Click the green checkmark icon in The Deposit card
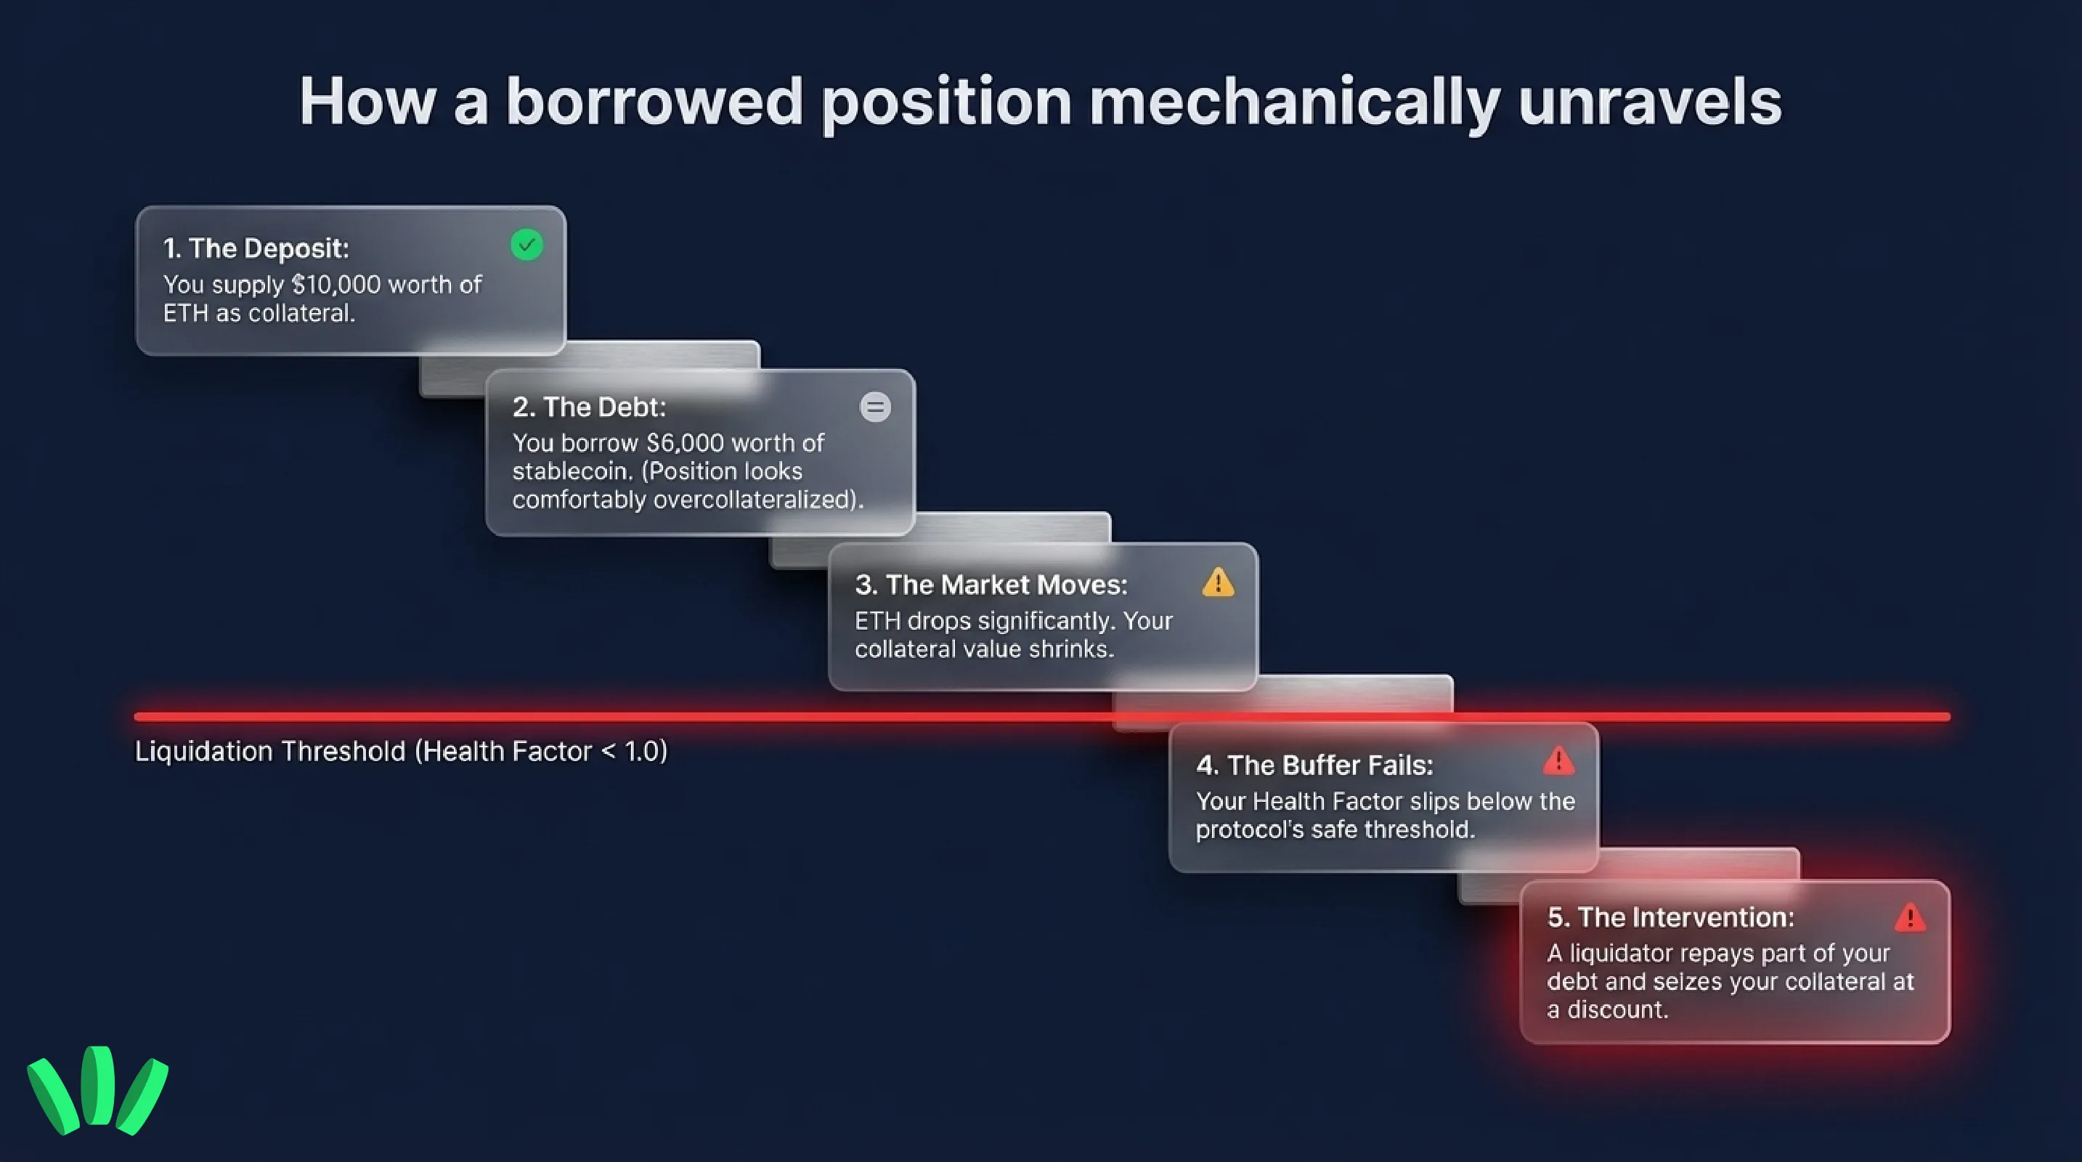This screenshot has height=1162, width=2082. click(526, 245)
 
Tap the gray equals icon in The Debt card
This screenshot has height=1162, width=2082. click(874, 407)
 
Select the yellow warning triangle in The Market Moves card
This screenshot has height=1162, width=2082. click(1218, 582)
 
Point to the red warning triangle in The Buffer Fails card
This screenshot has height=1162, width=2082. click(1558, 761)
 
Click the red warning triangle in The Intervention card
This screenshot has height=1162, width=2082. click(1910, 917)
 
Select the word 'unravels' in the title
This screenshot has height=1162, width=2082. click(1650, 102)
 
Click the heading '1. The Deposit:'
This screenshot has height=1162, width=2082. click(256, 248)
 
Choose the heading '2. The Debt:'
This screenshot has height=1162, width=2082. click(588, 407)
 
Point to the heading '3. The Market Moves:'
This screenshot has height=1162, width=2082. click(991, 584)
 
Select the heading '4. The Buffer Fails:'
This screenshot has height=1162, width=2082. click(1314, 765)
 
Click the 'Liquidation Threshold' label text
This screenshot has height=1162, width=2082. click(270, 752)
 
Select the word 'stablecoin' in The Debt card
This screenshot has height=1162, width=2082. click(573, 471)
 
